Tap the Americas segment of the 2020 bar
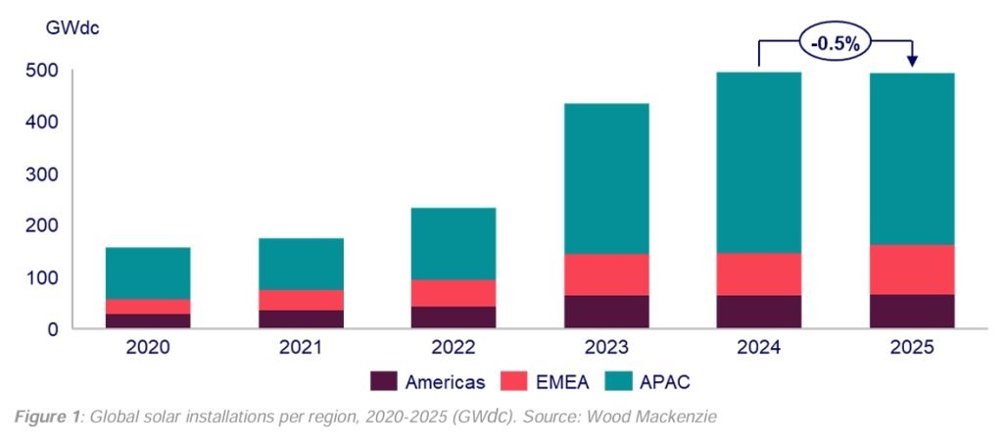(148, 321)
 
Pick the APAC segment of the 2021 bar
(301, 264)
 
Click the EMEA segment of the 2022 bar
(454, 293)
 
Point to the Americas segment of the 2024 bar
(759, 312)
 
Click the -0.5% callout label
(836, 42)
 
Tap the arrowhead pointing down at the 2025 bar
(913, 62)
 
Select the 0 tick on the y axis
(54, 329)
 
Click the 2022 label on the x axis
(454, 348)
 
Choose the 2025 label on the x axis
(912, 348)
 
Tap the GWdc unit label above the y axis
(72, 27)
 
